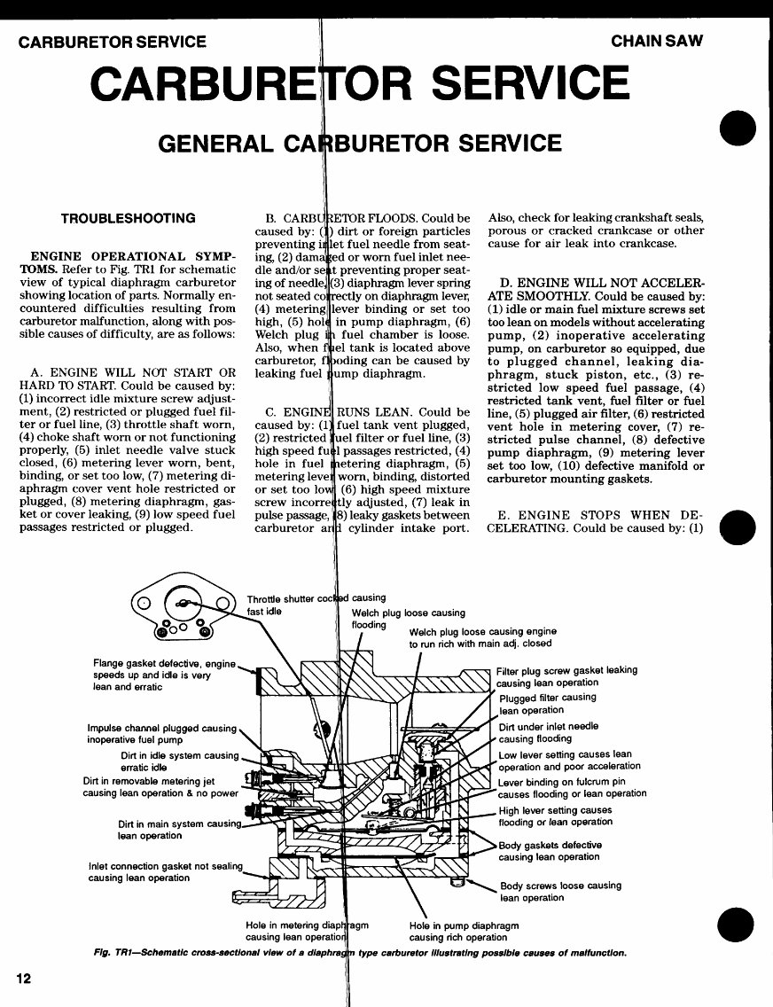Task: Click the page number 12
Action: point(23,979)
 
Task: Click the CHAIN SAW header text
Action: point(655,42)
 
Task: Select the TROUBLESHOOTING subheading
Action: point(128,218)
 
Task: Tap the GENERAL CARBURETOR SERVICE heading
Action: point(359,143)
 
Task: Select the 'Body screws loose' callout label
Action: point(560,891)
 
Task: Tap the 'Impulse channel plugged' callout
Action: point(161,733)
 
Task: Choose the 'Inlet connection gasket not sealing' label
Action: point(165,871)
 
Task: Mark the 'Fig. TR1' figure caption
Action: point(359,953)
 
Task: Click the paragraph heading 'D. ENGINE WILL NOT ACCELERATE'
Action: point(597,288)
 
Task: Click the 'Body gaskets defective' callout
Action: point(550,850)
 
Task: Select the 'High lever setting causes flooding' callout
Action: point(555,816)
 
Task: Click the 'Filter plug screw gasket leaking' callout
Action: point(566,676)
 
